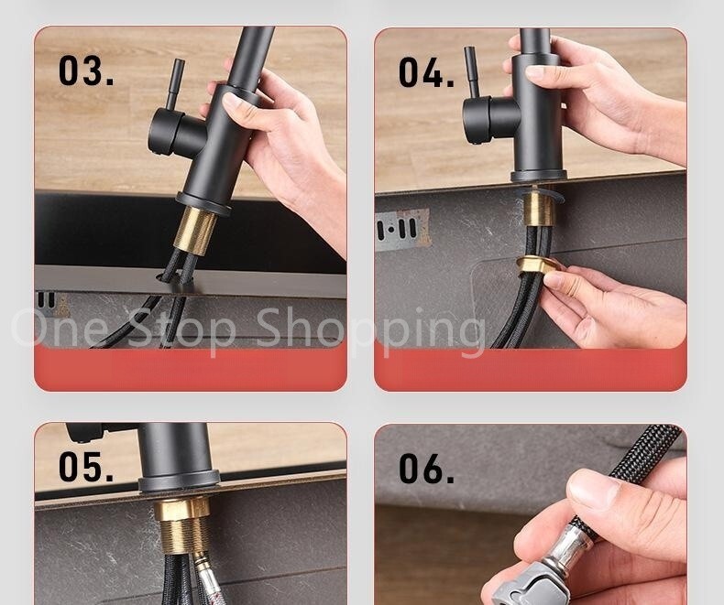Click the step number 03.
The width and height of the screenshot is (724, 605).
point(86,71)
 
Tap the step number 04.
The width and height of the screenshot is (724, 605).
point(426,72)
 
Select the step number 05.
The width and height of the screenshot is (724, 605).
point(86,467)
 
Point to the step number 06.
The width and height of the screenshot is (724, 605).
point(426,469)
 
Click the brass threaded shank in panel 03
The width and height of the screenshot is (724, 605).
point(195,231)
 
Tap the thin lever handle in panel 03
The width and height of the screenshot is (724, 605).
point(175,84)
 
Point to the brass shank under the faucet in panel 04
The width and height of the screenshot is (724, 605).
point(537,209)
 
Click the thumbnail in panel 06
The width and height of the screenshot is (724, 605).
point(591,488)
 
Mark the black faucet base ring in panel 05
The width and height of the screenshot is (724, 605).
point(179,480)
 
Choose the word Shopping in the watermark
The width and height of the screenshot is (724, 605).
point(370,329)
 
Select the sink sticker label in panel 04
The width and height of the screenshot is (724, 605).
point(402,229)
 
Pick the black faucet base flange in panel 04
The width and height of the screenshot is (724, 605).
point(538,175)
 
